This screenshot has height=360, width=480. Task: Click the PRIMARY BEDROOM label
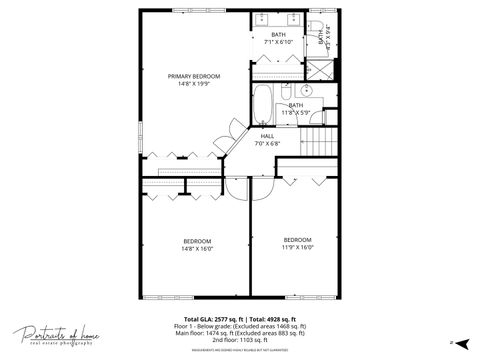pos(194,76)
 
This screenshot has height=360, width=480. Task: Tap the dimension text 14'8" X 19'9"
pos(194,84)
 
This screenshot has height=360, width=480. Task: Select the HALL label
pos(267,135)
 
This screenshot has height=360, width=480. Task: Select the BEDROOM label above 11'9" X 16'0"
pos(297,239)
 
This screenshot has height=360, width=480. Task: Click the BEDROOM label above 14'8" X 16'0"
pos(197,240)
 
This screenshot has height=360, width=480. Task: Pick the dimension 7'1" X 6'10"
pos(278,42)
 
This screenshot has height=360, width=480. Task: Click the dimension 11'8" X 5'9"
pos(296,113)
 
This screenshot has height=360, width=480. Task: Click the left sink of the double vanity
pos(262,19)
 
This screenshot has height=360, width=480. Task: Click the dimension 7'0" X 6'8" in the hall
pos(267,143)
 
